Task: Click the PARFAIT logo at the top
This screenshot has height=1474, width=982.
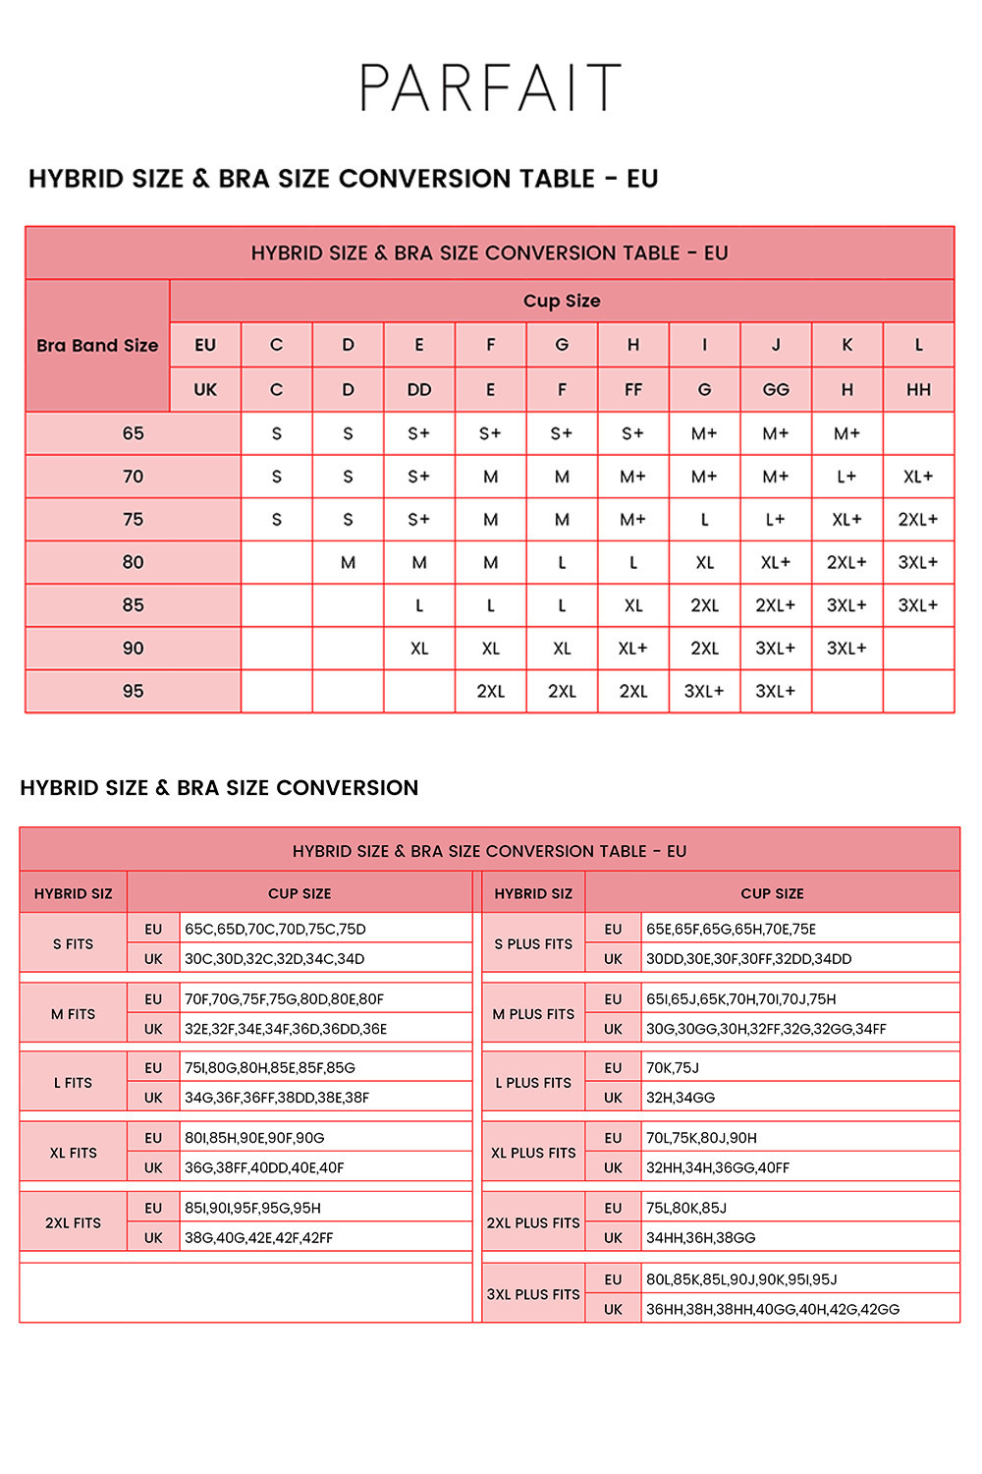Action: click(x=490, y=87)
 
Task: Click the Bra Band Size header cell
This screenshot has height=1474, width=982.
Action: click(x=97, y=345)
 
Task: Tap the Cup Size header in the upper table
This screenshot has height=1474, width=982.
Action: click(x=562, y=301)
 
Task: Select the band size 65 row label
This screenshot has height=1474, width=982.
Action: click(x=133, y=433)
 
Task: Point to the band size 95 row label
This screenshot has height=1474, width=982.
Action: click(x=133, y=691)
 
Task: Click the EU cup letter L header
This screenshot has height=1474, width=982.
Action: click(x=918, y=345)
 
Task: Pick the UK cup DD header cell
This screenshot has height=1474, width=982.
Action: click(x=419, y=389)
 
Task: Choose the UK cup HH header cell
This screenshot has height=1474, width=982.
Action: click(x=918, y=389)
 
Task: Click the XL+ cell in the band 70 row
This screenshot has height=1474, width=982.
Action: click(x=918, y=477)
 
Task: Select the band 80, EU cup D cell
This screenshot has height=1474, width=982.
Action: click(x=348, y=562)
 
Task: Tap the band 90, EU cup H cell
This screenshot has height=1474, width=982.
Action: click(x=633, y=649)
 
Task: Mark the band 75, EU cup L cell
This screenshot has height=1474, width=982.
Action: click(x=918, y=519)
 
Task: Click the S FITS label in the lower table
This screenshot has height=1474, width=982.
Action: click(x=74, y=943)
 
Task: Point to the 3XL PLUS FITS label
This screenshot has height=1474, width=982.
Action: click(x=533, y=1294)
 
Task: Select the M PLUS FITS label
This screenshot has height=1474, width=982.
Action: click(x=533, y=1014)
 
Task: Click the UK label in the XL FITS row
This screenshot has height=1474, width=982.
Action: click(x=153, y=1167)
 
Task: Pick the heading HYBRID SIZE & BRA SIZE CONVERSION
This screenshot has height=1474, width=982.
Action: click(x=219, y=787)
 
